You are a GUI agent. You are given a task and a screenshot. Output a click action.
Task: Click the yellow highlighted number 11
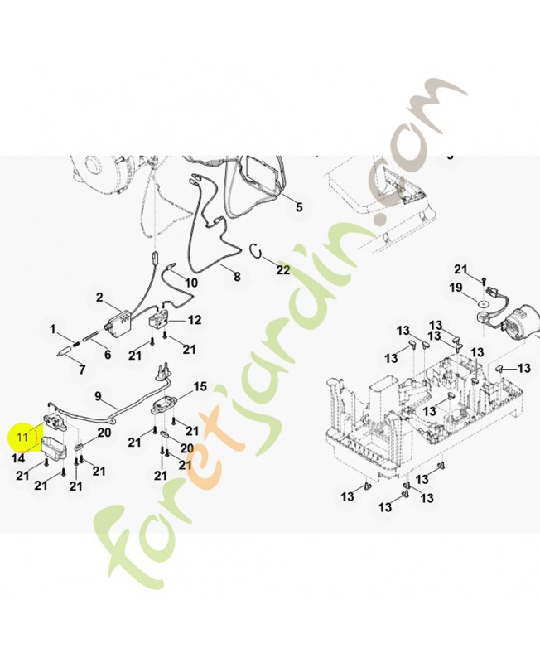click(x=22, y=436)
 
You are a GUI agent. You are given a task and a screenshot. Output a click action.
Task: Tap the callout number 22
click(x=283, y=269)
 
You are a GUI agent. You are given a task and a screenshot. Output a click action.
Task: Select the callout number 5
click(x=299, y=207)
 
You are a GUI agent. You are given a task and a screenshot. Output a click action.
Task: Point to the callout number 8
click(x=237, y=277)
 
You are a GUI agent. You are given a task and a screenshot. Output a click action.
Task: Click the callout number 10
click(x=191, y=283)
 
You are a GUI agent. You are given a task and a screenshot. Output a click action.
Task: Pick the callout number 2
click(x=99, y=298)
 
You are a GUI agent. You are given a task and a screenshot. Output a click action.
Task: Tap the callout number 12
click(x=195, y=320)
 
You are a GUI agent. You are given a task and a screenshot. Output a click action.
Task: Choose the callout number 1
click(x=53, y=329)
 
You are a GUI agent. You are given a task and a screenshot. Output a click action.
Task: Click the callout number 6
click(x=108, y=355)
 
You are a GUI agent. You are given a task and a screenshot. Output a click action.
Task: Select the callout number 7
click(x=82, y=370)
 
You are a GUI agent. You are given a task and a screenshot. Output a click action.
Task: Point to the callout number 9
click(x=98, y=397)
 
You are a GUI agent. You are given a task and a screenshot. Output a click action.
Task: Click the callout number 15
click(x=200, y=386)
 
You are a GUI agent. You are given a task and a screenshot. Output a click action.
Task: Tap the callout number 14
click(x=17, y=458)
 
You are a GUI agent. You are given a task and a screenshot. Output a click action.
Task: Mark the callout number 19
click(x=456, y=288)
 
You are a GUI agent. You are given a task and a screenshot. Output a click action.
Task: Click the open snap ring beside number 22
click(x=256, y=250)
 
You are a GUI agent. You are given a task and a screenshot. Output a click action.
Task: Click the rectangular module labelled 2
click(x=118, y=319)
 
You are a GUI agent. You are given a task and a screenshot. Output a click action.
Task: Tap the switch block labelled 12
click(x=159, y=319)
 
